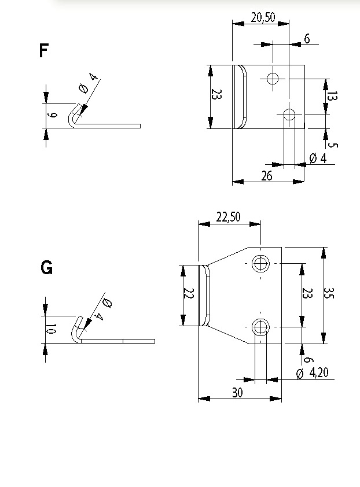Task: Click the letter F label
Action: point(43,51)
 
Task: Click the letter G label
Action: point(46,268)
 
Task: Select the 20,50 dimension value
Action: point(263,17)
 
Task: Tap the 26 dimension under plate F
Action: point(266,176)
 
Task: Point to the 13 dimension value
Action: point(332,96)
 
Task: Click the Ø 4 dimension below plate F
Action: point(318,158)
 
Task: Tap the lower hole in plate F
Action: point(290,114)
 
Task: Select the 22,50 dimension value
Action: point(228,217)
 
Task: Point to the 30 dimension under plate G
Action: point(237,393)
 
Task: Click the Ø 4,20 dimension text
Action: point(313,373)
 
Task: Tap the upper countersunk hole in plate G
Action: point(261,264)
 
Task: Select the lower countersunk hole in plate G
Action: point(261,327)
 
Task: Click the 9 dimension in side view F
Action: point(53,116)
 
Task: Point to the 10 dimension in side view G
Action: point(51,330)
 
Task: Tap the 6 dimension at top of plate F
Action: point(306,39)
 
